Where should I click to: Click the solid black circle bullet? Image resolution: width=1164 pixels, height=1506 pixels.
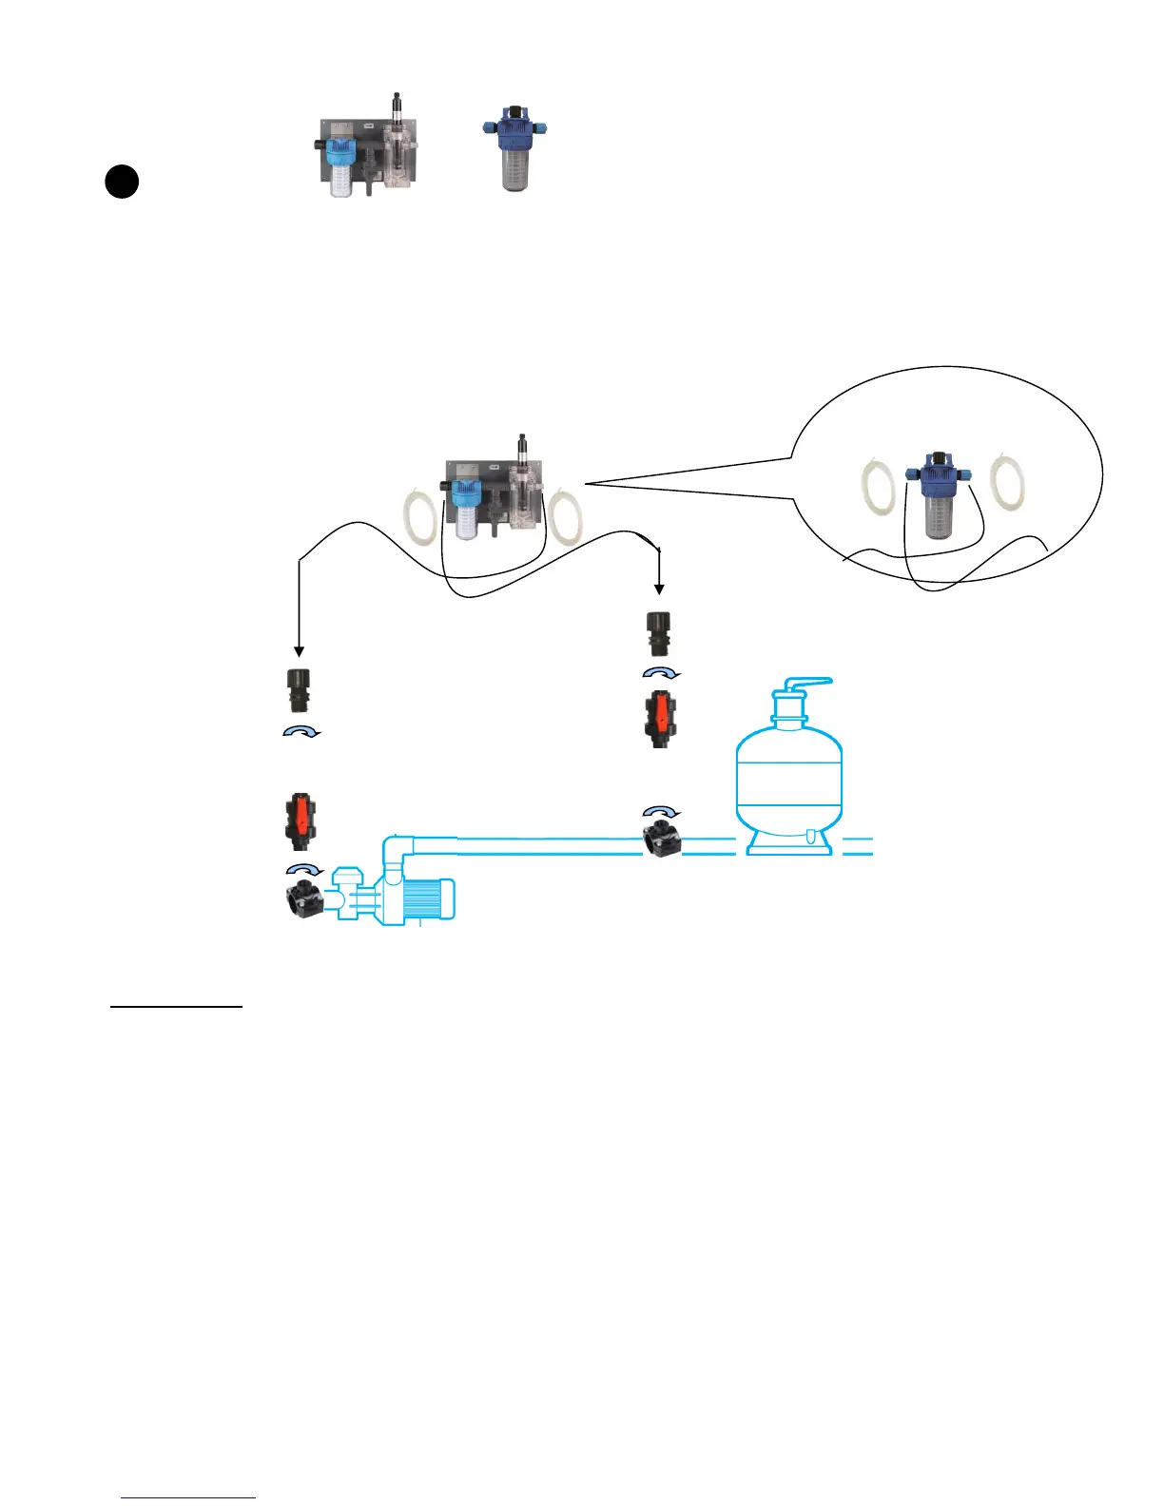[x=122, y=182]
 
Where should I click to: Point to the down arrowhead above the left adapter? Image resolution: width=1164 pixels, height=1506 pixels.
[x=300, y=651]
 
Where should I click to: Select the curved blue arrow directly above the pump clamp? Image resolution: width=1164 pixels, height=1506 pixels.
[x=304, y=869]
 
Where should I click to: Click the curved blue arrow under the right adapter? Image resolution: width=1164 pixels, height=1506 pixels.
[x=662, y=672]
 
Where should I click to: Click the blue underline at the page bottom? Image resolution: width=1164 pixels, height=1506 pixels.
[x=188, y=1498]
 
